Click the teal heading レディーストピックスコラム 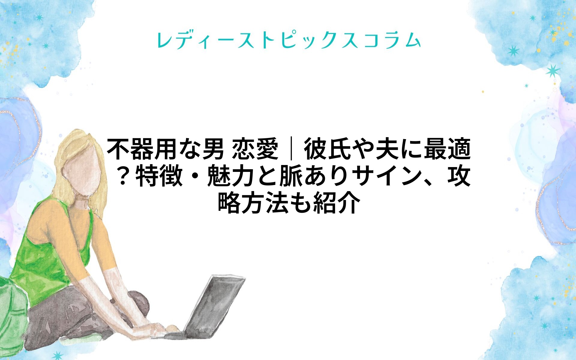pos(289,40)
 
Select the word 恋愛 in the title pos(256,149)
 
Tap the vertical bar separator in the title pos(291,149)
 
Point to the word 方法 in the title pos(265,203)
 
